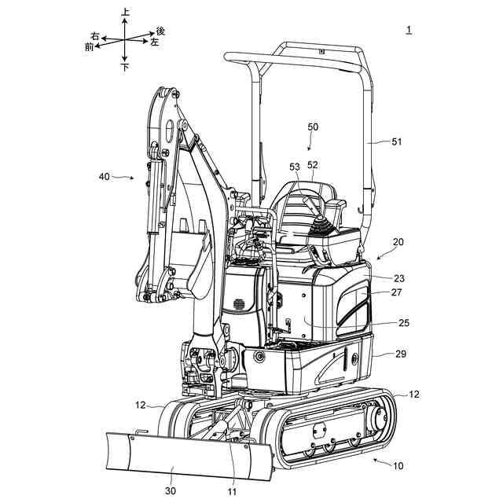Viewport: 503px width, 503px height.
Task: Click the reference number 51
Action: (x=396, y=142)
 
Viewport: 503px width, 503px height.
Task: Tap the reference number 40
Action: (x=105, y=177)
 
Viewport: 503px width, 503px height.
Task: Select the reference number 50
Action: (x=313, y=127)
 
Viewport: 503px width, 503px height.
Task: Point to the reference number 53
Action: (x=295, y=167)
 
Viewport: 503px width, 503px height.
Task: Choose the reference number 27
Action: (x=398, y=292)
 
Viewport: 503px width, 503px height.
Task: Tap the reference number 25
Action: (x=403, y=322)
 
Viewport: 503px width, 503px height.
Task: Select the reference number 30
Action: (x=172, y=491)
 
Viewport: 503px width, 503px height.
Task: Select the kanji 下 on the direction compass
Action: (x=126, y=68)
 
